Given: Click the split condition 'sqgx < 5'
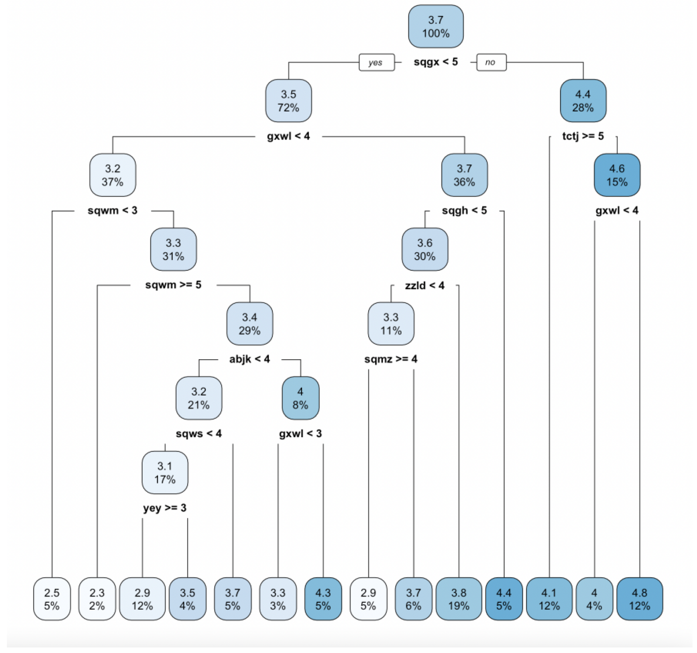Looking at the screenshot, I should (x=436, y=62).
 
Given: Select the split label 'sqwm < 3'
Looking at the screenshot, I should (x=113, y=211).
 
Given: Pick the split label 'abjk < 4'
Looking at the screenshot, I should (x=250, y=359).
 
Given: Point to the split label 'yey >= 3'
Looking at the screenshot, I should (x=165, y=508).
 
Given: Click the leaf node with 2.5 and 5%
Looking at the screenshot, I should (x=52, y=599).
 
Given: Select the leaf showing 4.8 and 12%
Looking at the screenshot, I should (x=640, y=599).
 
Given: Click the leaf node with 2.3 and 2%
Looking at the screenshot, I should (x=97, y=599).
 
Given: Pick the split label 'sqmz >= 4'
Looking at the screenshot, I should (x=391, y=359).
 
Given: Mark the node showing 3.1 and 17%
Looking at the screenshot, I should (x=165, y=473).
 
